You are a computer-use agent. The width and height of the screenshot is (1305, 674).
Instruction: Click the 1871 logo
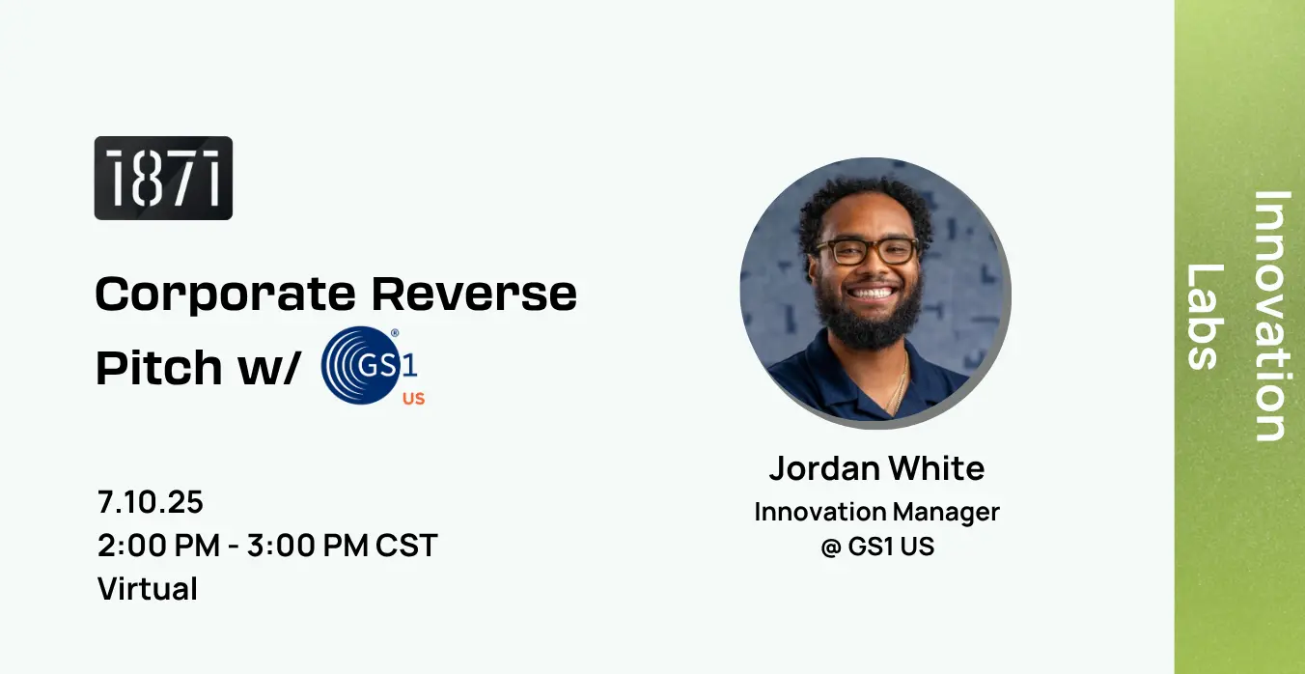point(163,178)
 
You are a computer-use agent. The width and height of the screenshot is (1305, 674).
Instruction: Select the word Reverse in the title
point(474,294)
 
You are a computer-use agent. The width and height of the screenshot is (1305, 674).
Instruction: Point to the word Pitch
point(159,366)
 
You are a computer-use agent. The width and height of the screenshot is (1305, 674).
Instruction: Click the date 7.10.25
point(151,502)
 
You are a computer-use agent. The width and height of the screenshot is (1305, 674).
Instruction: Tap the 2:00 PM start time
point(158,546)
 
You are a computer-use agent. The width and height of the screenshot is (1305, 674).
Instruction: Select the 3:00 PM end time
point(308,546)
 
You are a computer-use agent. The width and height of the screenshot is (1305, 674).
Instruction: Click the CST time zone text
point(406,546)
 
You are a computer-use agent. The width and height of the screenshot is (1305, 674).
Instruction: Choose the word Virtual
point(148,588)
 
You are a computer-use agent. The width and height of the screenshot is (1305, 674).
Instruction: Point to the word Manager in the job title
point(946,513)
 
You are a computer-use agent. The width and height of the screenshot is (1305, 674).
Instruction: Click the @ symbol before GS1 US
point(831,547)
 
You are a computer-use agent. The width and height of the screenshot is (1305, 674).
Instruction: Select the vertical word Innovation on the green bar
point(1270,316)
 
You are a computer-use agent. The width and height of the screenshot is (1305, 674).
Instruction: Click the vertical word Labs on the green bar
point(1205,316)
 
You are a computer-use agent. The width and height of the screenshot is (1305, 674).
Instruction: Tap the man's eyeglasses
point(867,251)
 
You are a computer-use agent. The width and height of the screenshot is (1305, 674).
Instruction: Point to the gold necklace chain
point(898,385)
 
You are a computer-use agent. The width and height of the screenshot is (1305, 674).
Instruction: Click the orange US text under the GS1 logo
point(414,399)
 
